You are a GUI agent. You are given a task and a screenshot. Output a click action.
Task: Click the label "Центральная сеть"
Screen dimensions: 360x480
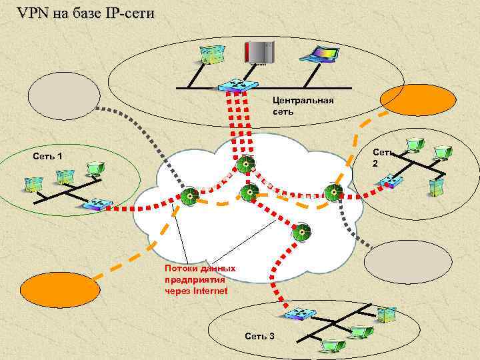pyautogui.click(x=302, y=106)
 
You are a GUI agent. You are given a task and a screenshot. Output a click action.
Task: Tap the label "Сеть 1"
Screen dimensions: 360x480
pyautogui.click(x=48, y=157)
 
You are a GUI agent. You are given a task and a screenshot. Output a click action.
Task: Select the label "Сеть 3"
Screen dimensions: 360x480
pyautogui.click(x=260, y=335)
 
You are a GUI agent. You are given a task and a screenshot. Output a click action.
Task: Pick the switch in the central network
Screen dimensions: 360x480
pyautogui.click(x=238, y=86)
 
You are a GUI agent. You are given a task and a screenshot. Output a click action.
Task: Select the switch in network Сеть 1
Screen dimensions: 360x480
pyautogui.click(x=97, y=205)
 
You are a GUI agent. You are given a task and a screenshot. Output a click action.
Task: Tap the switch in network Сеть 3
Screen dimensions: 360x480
pyautogui.click(x=298, y=314)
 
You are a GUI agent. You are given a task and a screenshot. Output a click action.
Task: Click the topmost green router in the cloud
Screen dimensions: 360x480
pyautogui.click(x=245, y=165)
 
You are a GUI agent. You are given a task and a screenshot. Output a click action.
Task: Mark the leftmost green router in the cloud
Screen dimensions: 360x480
pyautogui.click(x=189, y=195)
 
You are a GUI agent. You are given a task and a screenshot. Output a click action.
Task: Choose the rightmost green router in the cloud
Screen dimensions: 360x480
pyautogui.click(x=333, y=193)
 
